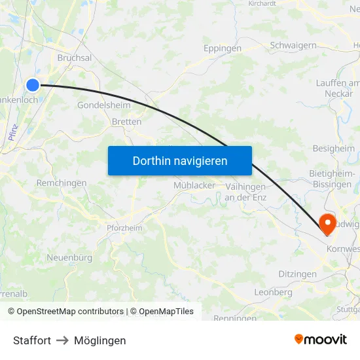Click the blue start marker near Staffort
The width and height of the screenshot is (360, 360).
pos(33,84)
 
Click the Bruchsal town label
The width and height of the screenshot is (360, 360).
pos(75,58)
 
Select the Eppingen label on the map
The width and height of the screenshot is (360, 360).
pos(222,48)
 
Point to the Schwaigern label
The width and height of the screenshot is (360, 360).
pos(293,46)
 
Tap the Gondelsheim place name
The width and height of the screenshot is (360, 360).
pos(103,105)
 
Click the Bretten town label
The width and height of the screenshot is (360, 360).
pos(126,122)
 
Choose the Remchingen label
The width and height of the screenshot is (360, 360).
pos(62,183)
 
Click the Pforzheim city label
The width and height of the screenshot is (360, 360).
pos(124,228)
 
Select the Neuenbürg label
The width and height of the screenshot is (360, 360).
pos(69,258)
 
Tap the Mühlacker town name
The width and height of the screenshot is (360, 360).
pos(194,185)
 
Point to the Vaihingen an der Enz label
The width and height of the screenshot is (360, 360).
pos(245,192)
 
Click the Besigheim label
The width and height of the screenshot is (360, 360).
pos(333,149)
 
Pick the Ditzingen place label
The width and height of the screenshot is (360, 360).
pos(297,274)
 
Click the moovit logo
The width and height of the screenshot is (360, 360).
pos(321,340)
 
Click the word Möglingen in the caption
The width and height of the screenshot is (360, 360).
pos(100,340)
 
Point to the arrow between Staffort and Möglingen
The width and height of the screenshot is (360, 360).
pos(63,340)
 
